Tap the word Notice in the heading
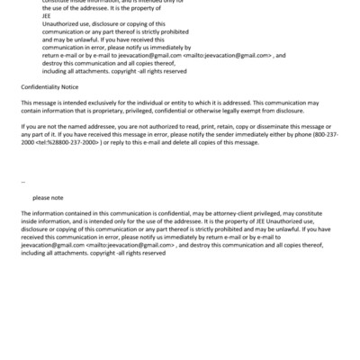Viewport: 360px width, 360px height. click(73, 87)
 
